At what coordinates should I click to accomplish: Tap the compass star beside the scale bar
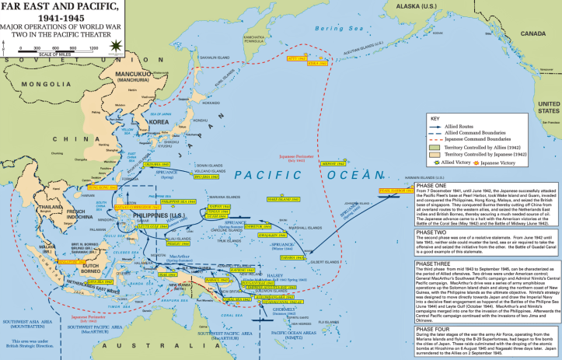(117, 46)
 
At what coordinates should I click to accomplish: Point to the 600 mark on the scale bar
(57, 48)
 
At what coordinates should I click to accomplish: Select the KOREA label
(159, 123)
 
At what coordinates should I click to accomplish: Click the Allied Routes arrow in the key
(442, 126)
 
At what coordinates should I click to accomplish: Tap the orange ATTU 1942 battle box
(298, 58)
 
